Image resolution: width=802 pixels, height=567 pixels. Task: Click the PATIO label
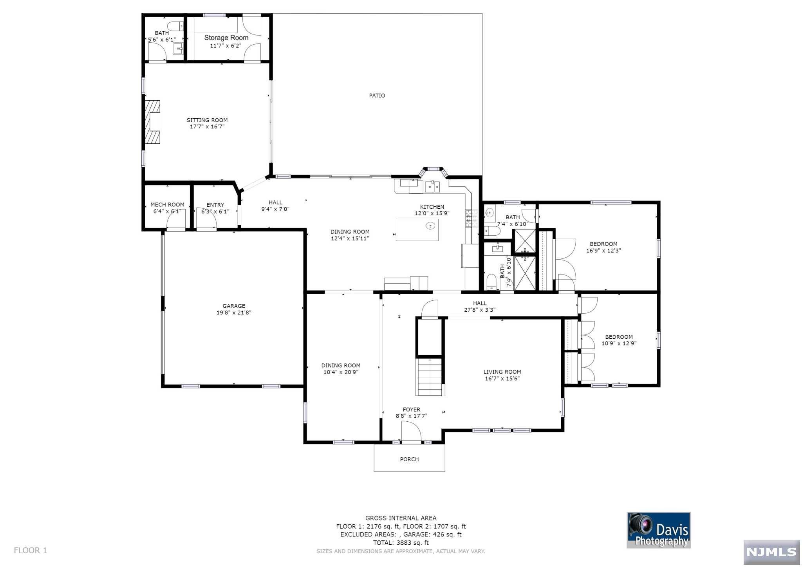pyautogui.click(x=377, y=96)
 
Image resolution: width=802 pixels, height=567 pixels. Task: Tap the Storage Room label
pyautogui.click(x=226, y=38)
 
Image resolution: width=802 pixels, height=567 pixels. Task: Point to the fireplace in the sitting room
pyautogui.click(x=153, y=122)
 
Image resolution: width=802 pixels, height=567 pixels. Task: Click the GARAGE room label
pyautogui.click(x=234, y=306)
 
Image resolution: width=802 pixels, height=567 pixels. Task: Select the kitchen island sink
pyautogui.click(x=430, y=226)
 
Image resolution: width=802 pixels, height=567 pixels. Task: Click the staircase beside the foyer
pyautogui.click(x=430, y=377)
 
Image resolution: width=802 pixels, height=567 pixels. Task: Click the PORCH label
pyautogui.click(x=409, y=459)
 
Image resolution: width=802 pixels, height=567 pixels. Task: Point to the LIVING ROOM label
pyautogui.click(x=502, y=372)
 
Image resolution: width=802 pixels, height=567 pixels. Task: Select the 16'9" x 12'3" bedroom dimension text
pyautogui.click(x=603, y=251)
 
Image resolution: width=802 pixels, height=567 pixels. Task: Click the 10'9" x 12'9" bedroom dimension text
pyautogui.click(x=619, y=343)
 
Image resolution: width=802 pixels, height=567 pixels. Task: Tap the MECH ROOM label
pyautogui.click(x=167, y=204)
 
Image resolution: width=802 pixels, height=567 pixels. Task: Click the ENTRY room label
pyautogui.click(x=215, y=205)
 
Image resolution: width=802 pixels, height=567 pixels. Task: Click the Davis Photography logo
pyautogui.click(x=659, y=530)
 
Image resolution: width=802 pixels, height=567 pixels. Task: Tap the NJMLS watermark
pyautogui.click(x=771, y=552)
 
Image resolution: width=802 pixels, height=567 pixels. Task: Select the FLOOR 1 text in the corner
pyautogui.click(x=31, y=551)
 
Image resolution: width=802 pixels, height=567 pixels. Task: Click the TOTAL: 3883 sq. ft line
pyautogui.click(x=401, y=543)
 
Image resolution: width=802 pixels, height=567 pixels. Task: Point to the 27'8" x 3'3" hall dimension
pyautogui.click(x=480, y=310)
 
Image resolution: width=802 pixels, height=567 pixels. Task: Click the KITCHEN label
pyautogui.click(x=432, y=207)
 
